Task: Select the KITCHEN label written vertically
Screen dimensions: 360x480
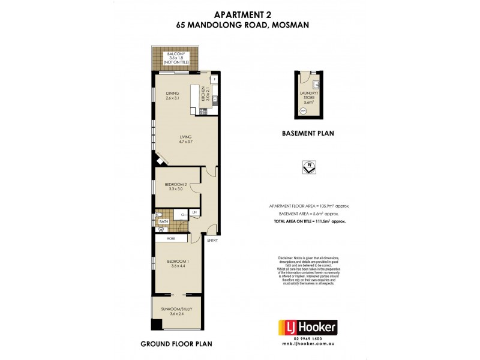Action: pos(203,95)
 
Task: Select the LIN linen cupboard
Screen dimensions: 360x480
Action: pos(194,212)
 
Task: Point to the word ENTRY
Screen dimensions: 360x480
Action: pos(212,241)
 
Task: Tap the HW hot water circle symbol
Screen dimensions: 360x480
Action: pos(303,112)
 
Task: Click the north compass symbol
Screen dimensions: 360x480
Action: pos(309,167)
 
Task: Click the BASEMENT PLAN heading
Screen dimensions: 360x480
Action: pos(308,133)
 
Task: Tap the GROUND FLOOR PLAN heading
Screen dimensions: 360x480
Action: pos(176,344)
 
